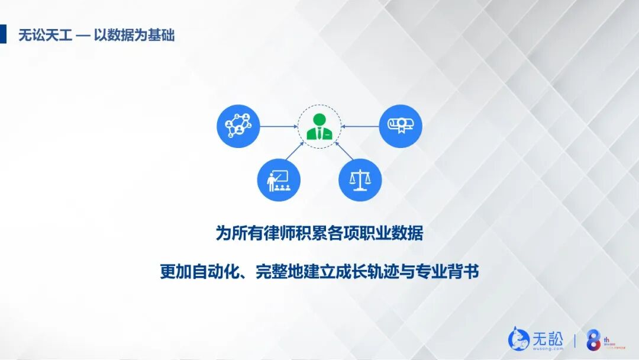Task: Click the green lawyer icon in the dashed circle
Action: pyautogui.click(x=319, y=126)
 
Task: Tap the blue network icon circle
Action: pyautogui.click(x=238, y=126)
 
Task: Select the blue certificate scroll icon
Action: pyautogui.click(x=401, y=126)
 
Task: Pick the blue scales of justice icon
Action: pyautogui.click(x=360, y=179)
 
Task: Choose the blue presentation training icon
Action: pyautogui.click(x=279, y=179)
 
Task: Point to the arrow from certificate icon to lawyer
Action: pyautogui.click(x=360, y=126)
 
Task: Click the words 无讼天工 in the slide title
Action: pyautogui.click(x=45, y=35)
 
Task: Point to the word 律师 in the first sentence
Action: pyautogui.click(x=290, y=233)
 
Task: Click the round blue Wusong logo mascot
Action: pyautogui.click(x=519, y=339)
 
